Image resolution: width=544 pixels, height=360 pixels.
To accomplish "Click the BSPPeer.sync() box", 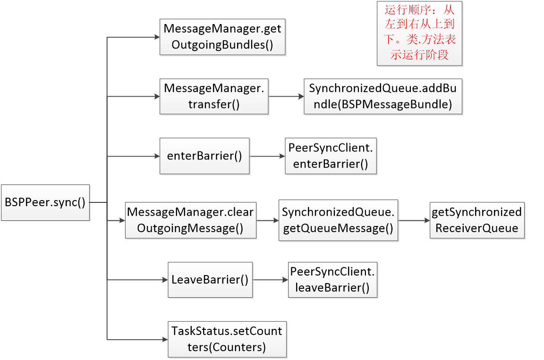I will coord(45,202).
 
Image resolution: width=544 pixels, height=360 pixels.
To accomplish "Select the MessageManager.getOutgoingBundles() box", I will coord(222,37).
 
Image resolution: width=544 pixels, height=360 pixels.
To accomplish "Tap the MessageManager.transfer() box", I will coord(214,97).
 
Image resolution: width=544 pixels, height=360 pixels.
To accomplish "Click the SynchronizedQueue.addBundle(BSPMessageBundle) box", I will coord(383,97).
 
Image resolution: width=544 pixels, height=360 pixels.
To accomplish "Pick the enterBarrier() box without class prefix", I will coord(204,156).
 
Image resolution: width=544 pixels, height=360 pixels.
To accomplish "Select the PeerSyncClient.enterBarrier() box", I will coord(331,156).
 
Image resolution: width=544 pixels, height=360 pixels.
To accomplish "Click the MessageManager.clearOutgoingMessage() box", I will coord(190,220).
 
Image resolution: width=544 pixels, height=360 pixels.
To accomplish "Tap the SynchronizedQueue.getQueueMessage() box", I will coord(338,220).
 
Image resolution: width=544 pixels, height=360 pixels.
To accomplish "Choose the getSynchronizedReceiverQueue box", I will coord(477,220).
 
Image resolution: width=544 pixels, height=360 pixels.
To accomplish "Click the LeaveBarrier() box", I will coord(210,280).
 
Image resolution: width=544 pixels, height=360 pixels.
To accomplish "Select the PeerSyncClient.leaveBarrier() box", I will coord(333,280).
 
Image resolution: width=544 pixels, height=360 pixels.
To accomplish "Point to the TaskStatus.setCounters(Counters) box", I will coord(227,339).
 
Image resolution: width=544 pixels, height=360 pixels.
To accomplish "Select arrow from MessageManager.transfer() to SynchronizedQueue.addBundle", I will coord(286,97).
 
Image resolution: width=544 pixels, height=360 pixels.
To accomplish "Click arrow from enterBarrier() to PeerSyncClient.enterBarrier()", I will coord(267,156).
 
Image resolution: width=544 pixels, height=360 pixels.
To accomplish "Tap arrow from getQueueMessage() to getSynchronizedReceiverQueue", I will coord(414,220).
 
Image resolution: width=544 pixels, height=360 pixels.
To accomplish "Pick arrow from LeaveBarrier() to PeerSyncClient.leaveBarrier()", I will coord(271,280).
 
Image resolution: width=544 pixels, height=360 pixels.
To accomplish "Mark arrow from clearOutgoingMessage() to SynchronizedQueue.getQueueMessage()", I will coord(268,220).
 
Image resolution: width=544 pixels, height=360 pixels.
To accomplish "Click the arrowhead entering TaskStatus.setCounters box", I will coord(164,339).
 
